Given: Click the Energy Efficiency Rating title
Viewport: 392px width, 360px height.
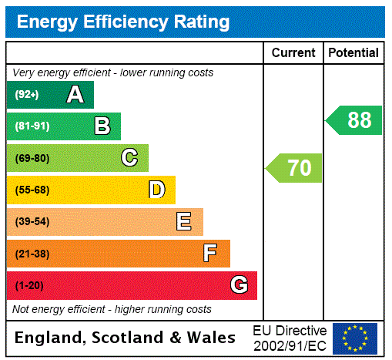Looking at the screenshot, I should [x=123, y=22].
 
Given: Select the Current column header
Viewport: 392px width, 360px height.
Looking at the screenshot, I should [x=293, y=53].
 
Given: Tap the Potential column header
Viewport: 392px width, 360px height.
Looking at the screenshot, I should [x=353, y=53].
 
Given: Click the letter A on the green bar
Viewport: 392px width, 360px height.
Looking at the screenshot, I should [x=75, y=95].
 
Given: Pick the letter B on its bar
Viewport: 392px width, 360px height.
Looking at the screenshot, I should [x=102, y=126].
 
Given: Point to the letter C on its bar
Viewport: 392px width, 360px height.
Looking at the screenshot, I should [x=129, y=158].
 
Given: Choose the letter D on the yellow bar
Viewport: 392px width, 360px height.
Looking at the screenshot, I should [x=157, y=190].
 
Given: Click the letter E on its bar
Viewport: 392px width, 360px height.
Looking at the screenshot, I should [x=184, y=222].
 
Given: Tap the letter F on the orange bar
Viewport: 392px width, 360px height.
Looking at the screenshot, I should [x=210, y=254].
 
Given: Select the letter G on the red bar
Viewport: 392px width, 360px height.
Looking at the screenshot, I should [x=239, y=285].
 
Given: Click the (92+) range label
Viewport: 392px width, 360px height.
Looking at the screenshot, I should [x=26, y=95].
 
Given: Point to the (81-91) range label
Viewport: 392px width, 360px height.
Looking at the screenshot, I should [x=32, y=126].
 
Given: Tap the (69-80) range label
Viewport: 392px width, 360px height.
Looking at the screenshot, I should [x=32, y=158].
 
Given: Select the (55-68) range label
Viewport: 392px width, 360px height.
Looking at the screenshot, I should [x=32, y=190].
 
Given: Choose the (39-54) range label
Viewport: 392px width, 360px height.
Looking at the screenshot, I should [x=32, y=222].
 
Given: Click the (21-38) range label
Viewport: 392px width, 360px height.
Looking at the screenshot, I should [x=32, y=254].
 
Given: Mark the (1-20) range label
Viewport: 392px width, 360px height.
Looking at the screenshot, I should [x=29, y=285].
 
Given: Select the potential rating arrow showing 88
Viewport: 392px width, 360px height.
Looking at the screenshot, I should [x=353, y=120].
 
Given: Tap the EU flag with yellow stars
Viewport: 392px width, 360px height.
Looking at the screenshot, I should [x=355, y=338].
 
